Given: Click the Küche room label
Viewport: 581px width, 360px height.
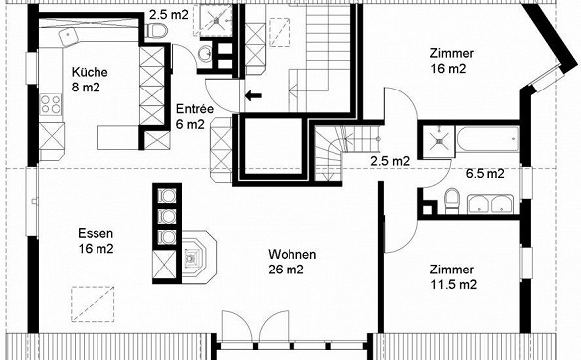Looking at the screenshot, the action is click(90, 80).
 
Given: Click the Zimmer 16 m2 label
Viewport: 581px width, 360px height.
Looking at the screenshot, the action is click(452, 61).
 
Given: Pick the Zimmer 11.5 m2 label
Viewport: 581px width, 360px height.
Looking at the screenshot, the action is click(453, 277).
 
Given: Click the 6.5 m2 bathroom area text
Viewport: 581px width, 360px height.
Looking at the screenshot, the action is click(485, 173).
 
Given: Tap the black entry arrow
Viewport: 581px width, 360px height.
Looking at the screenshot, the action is click(253, 95).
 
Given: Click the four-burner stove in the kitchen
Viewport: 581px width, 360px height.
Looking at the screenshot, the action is click(51, 104).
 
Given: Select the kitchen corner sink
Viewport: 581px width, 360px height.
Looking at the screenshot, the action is click(68, 36).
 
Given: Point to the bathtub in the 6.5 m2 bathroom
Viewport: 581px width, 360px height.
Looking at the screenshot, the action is click(487, 139).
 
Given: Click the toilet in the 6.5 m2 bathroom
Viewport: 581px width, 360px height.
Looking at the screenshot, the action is click(452, 200).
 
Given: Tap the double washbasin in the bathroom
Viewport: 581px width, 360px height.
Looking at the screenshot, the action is click(490, 204).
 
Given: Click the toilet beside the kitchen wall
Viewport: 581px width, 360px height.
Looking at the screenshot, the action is click(157, 31).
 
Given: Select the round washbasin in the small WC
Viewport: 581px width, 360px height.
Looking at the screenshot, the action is click(204, 55).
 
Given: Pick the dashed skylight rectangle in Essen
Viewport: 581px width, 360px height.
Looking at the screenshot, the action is click(93, 304).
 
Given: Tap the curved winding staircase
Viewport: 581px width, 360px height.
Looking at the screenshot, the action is click(328, 153).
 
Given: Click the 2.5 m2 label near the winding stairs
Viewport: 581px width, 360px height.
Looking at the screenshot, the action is click(390, 161).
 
